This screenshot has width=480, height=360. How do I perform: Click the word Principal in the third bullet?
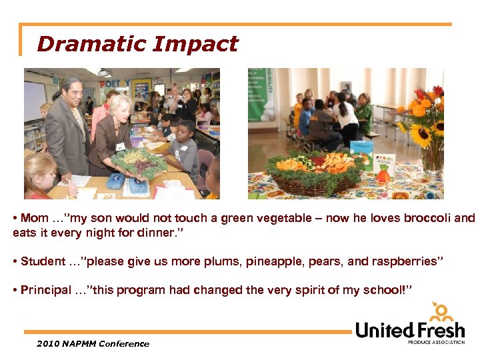coord(45,290)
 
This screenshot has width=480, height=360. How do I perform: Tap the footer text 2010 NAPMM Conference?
coord(93,344)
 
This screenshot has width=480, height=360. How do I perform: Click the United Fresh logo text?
coord(409,329)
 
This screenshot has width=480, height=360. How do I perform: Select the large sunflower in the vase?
coord(421,135)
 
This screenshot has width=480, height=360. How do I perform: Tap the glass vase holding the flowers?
coord(432,160)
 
